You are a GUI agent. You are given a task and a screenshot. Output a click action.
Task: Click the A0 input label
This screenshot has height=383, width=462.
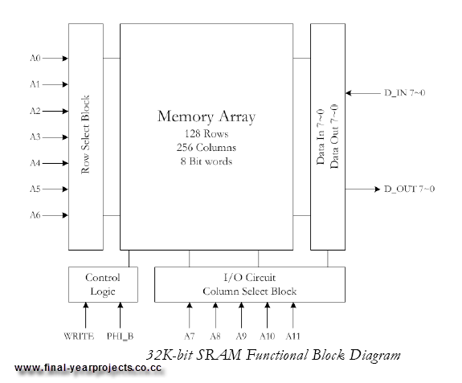[35, 58]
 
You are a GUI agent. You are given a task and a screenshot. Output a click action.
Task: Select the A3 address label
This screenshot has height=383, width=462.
[35, 136]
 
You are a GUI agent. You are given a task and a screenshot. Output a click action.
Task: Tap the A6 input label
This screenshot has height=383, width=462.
[35, 215]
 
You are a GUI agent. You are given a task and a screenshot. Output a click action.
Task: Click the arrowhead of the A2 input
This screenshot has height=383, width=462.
[65, 111]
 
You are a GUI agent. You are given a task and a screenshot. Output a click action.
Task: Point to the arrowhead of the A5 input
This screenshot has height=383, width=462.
[65, 189]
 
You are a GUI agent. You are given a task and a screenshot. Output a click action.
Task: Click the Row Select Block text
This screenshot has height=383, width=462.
[85, 135]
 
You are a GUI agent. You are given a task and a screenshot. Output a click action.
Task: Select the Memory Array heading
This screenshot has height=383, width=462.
[206, 116]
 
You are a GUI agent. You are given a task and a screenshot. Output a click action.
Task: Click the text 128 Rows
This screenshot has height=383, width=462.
[206, 134]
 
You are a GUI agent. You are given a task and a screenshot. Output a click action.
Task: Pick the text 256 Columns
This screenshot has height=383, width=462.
[206, 148]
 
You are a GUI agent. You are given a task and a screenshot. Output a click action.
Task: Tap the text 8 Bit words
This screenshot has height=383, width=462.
[206, 161]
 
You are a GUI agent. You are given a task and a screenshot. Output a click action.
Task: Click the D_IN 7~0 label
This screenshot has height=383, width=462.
[404, 93]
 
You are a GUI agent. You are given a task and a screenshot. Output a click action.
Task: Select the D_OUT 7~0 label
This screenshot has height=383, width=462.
[409, 189]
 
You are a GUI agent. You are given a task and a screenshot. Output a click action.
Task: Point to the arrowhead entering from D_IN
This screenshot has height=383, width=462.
[349, 93]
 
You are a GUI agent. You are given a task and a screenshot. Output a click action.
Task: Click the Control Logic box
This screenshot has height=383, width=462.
[103, 284]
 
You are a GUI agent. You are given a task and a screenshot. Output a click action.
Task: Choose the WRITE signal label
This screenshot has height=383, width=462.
[79, 336]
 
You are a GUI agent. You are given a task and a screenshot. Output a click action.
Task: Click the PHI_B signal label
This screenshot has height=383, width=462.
[121, 336]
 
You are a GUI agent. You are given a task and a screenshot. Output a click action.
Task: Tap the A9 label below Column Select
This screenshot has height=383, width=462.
[241, 336]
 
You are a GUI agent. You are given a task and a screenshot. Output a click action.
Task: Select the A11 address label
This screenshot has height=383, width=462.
[293, 336]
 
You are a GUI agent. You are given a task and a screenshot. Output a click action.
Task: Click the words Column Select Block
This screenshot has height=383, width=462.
[250, 291]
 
